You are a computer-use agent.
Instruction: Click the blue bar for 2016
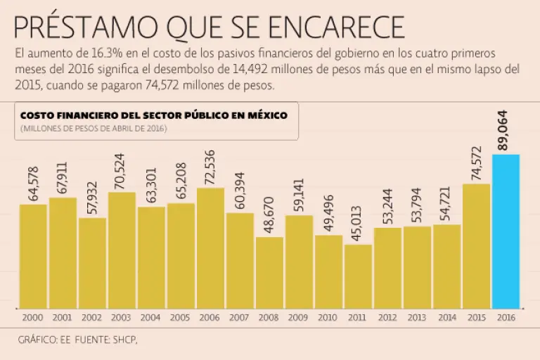click(x=506, y=232)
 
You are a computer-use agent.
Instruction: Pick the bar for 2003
click(x=122, y=250)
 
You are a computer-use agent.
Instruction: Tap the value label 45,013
click(x=358, y=223)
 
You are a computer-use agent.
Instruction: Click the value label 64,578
click(x=33, y=183)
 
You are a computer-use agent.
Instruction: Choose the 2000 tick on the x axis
click(x=32, y=318)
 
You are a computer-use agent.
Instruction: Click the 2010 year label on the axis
click(x=328, y=318)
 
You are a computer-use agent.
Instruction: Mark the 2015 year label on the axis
click(x=476, y=318)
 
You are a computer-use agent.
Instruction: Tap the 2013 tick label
click(x=417, y=318)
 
